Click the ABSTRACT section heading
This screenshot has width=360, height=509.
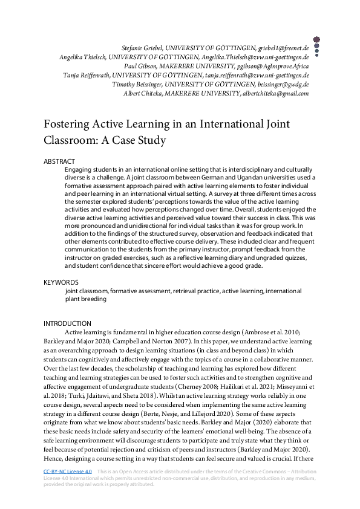59,161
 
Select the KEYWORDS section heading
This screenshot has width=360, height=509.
61,282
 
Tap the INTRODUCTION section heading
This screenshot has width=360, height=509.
67,323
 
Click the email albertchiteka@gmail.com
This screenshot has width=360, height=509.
275,94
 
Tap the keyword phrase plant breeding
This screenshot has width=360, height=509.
85,299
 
